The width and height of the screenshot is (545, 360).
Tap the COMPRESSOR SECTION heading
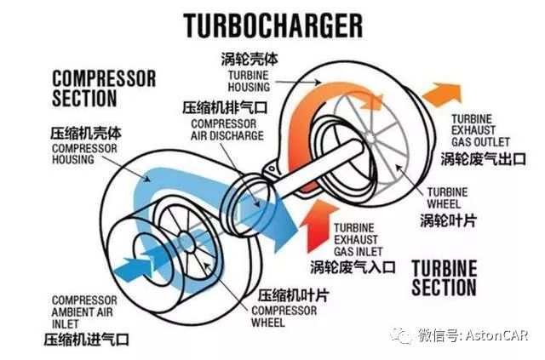104,89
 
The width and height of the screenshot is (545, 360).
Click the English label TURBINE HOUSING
249,81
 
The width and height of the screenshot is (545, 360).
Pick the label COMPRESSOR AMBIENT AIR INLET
84,311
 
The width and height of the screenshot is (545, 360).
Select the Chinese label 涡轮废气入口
353,266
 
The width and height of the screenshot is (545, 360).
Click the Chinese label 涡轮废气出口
484,158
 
